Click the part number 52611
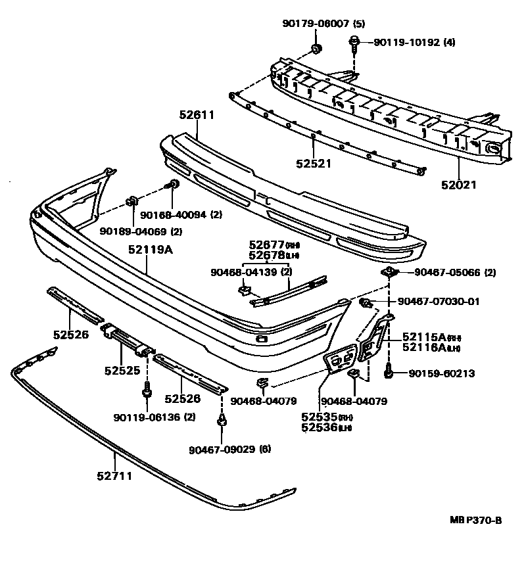197,114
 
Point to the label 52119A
150,250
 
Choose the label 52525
122,371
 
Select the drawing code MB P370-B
476,521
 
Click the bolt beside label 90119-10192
354,45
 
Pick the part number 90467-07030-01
439,302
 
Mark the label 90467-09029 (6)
229,449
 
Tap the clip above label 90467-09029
222,420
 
